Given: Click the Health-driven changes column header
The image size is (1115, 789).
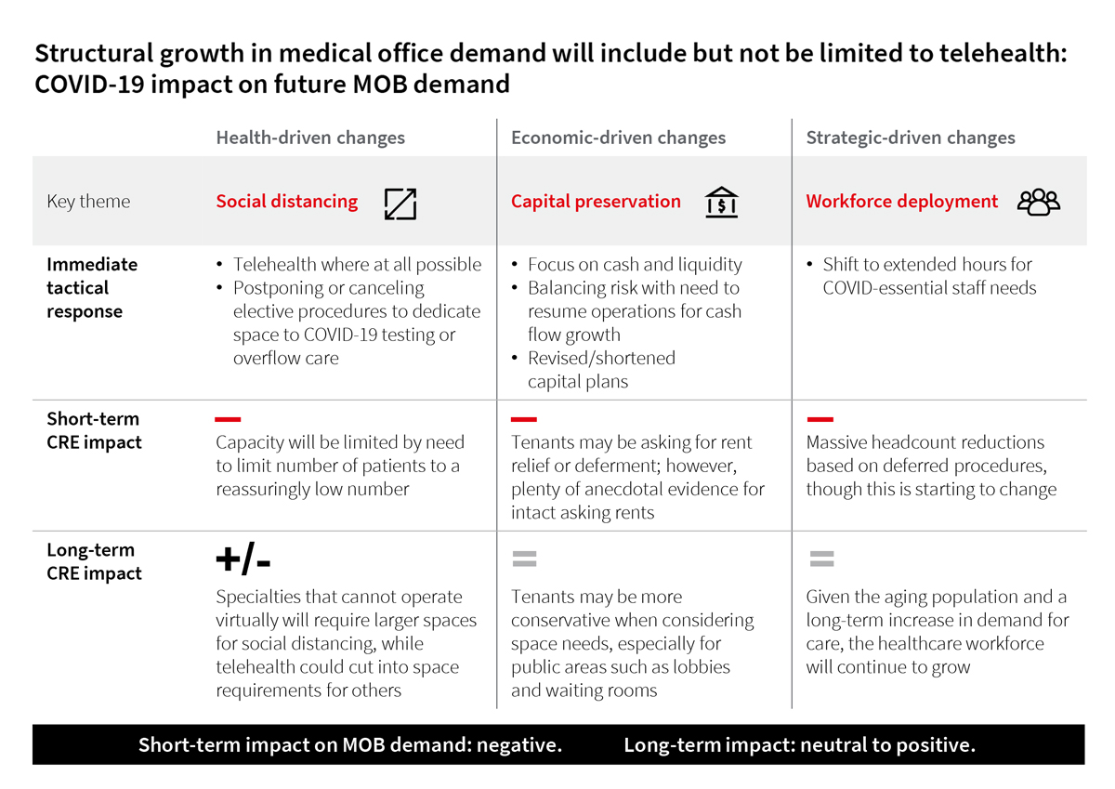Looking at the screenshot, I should pos(310,138).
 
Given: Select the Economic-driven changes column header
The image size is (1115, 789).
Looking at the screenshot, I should pos(618,138).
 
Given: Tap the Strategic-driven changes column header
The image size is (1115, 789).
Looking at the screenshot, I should pos(911,138).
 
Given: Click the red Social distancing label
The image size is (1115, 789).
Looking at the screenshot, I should pos(286,201).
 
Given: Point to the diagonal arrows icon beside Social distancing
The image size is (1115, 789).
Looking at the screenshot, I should pos(400,203).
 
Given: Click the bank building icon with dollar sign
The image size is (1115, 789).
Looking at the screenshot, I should pos(721,202).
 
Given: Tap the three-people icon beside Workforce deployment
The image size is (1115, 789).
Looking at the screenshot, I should pos(1038,202).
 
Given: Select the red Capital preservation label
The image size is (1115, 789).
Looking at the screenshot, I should pos(596,201).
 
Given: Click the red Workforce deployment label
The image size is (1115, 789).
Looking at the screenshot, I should pos(901,201).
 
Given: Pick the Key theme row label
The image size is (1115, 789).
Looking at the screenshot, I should pos(88,202).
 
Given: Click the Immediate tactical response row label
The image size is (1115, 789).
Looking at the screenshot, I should pos(92,287).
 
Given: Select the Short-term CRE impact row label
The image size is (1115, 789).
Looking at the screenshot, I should pos(94,430).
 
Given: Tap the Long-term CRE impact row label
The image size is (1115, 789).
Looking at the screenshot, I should pos(94,561).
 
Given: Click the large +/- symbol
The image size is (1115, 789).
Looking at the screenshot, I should pos(243,559).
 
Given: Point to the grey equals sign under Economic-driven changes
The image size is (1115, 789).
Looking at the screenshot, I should pos(524,559).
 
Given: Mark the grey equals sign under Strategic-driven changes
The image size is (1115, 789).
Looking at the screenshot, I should pos(820,559).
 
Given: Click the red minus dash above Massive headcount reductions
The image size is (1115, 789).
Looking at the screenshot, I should pos(820,419).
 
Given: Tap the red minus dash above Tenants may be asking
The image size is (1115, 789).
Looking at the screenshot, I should pos(524,419).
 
